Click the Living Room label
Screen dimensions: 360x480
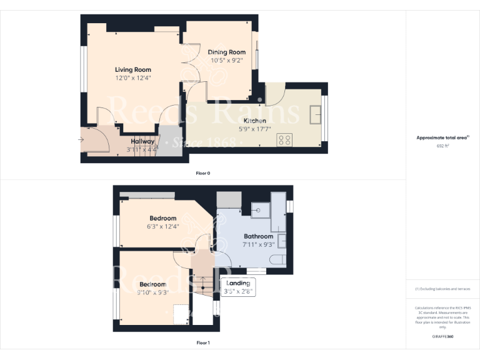click(x=132, y=70)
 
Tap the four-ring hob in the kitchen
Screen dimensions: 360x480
click(x=285, y=140)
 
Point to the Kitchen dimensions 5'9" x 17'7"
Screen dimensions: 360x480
click(x=254, y=129)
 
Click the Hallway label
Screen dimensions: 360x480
click(x=142, y=141)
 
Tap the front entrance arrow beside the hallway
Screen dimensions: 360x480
click(x=82, y=140)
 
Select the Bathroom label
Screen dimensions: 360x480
click(x=258, y=237)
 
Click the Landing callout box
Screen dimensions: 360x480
click(x=238, y=287)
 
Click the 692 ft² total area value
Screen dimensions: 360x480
click(x=442, y=145)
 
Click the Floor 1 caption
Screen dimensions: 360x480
click(x=203, y=342)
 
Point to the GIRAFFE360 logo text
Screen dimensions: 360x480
click(x=442, y=337)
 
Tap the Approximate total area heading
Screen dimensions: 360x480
click(x=441, y=137)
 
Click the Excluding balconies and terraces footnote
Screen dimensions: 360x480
click(x=442, y=289)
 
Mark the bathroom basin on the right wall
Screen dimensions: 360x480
click(x=282, y=240)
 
